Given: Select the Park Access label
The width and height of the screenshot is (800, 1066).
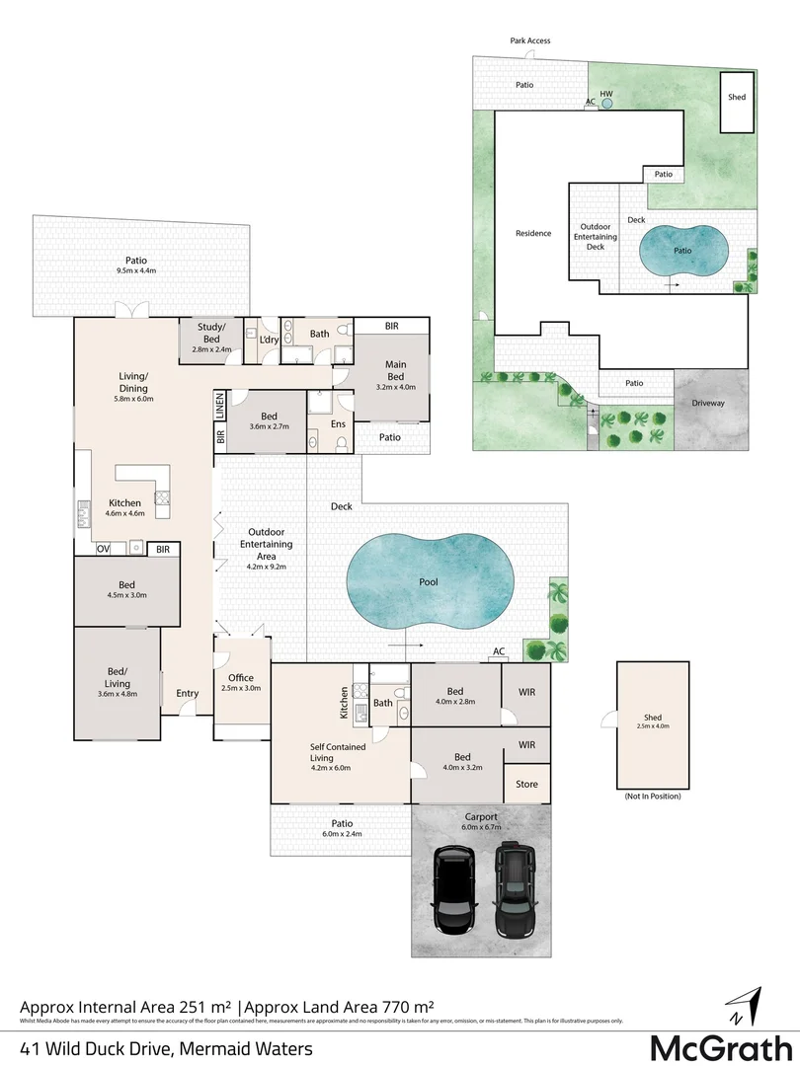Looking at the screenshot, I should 530,40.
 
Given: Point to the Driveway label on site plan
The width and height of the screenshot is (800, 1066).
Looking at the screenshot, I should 707,403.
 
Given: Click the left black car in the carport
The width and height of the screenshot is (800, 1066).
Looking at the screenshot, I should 455,892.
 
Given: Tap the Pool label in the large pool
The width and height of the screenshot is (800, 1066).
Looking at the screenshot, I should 429,582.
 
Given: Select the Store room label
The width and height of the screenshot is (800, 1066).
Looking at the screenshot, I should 527,785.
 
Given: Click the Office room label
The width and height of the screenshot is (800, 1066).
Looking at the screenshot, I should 242,678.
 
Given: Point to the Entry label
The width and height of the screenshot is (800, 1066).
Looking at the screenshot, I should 188,694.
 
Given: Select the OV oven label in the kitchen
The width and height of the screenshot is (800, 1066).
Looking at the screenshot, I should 103,549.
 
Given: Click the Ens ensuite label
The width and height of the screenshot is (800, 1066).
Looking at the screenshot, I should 337,424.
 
